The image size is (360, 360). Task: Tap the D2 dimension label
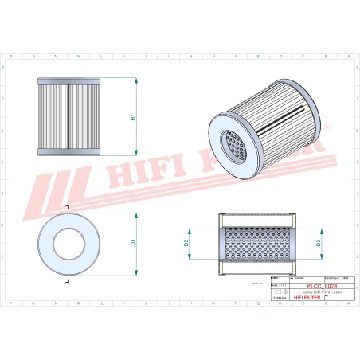(x=186, y=242)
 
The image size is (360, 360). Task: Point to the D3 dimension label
(x=318, y=242)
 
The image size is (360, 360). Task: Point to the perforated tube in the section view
(x=256, y=242)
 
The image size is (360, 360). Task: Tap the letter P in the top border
(x=10, y=57)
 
